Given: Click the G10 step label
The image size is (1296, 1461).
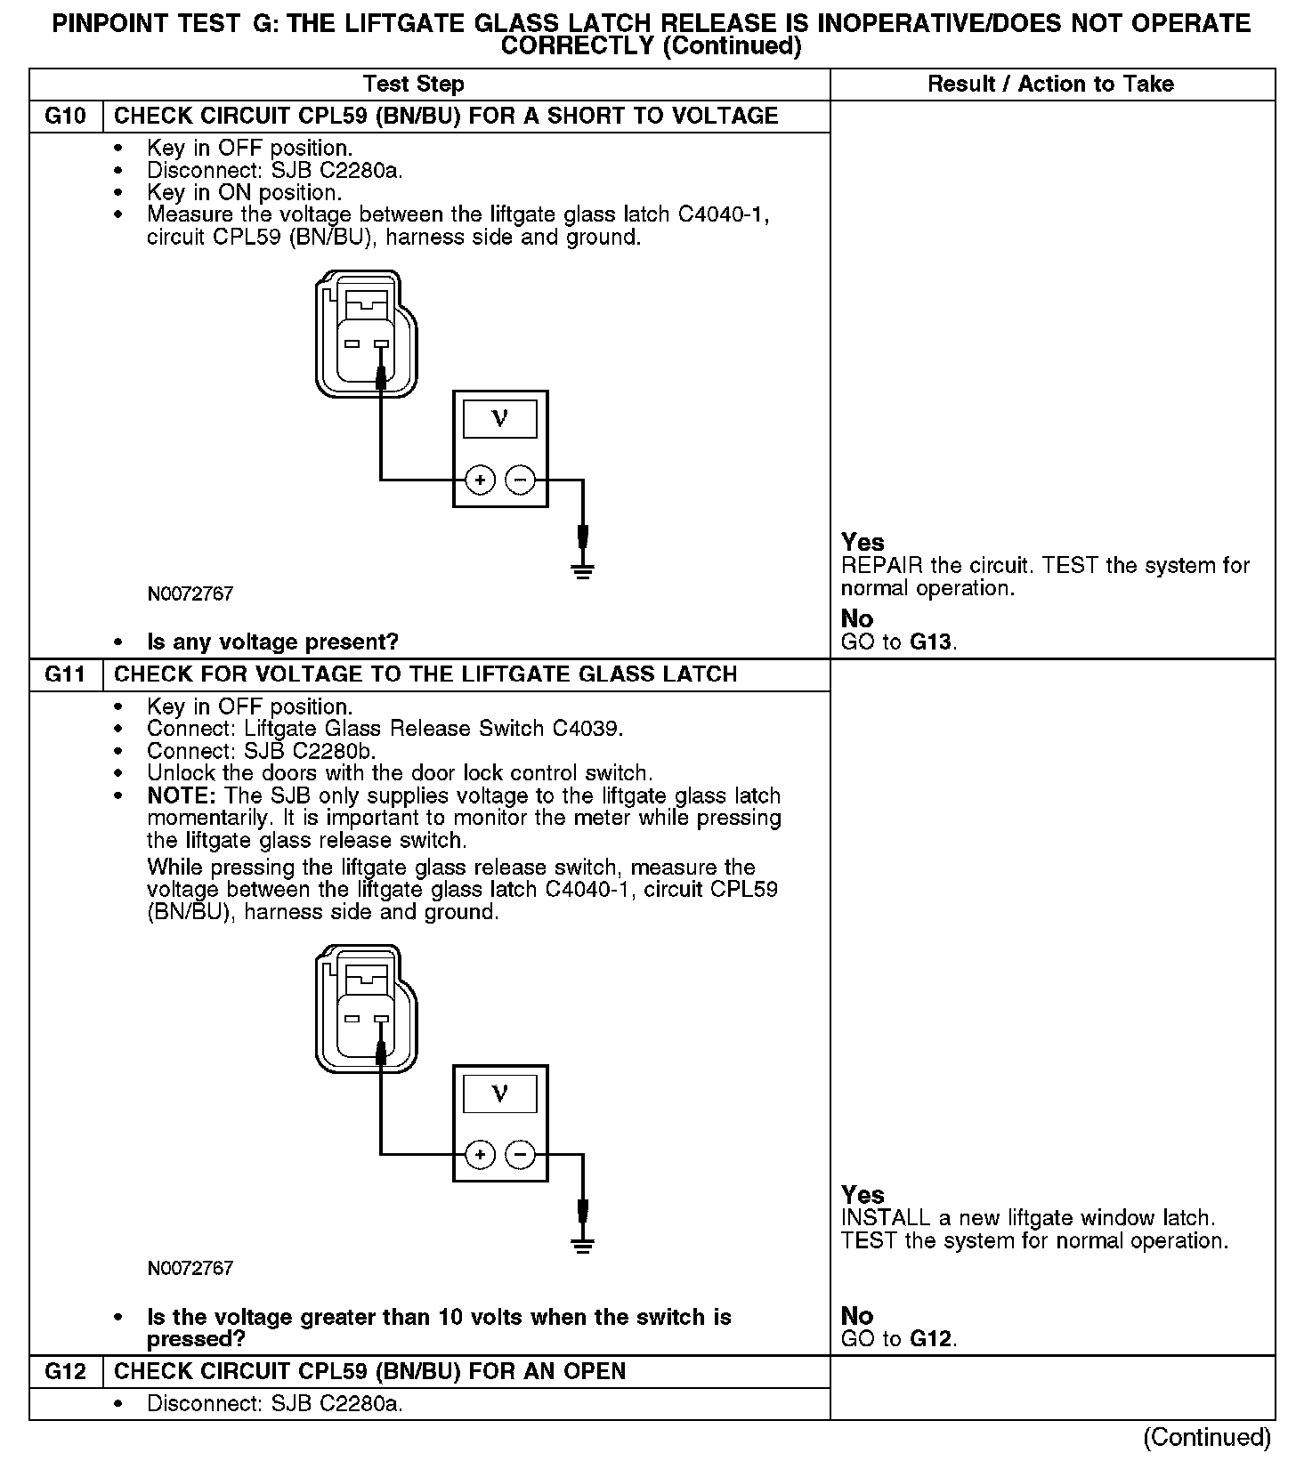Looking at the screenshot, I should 66,117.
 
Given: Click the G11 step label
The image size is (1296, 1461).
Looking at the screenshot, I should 66,674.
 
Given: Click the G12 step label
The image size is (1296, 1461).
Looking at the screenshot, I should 66,1371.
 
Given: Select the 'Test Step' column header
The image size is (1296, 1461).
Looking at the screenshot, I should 413,85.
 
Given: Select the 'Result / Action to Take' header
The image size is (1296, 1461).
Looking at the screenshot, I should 1050,85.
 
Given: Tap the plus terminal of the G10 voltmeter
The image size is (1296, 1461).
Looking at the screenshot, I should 480,480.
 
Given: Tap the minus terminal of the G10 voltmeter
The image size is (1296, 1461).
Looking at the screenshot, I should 521,480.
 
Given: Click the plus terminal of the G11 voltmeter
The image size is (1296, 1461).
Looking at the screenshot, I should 480,1155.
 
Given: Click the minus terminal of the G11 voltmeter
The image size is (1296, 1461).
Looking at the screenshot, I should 521,1155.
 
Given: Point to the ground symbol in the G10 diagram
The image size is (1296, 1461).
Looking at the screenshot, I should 583,569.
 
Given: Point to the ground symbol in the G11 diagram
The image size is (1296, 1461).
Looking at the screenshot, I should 583,1244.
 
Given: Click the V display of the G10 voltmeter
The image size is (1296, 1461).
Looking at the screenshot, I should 499,419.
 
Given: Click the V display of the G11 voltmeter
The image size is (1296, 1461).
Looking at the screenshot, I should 499,1094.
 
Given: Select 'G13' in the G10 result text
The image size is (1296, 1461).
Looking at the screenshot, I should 932,642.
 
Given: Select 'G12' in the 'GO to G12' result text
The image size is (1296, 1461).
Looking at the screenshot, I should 932,1339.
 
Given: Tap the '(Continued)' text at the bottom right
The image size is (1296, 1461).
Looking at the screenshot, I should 1207,1437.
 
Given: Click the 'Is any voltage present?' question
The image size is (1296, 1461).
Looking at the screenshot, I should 272,642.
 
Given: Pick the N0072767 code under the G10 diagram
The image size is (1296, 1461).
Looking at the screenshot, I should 190,594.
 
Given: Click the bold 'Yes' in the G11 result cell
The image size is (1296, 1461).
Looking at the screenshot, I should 863,1195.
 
